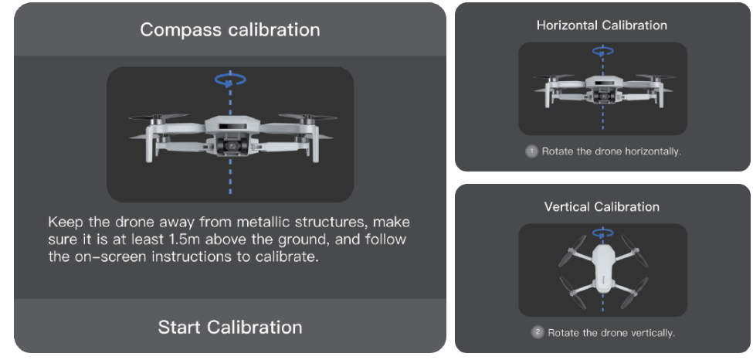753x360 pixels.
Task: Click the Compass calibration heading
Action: click(x=230, y=30)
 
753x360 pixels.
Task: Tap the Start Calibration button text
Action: click(x=230, y=328)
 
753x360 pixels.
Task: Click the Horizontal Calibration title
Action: click(x=602, y=25)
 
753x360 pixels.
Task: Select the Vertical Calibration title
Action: click(x=602, y=207)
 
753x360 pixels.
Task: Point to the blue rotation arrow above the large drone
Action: click(x=230, y=80)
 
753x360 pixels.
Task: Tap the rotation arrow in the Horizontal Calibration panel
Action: click(x=602, y=51)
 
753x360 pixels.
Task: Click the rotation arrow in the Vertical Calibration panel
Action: click(x=602, y=233)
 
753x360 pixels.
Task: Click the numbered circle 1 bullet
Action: click(x=531, y=151)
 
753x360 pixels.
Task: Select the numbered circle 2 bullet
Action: click(x=538, y=333)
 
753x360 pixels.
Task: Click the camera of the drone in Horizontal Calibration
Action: click(x=602, y=96)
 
